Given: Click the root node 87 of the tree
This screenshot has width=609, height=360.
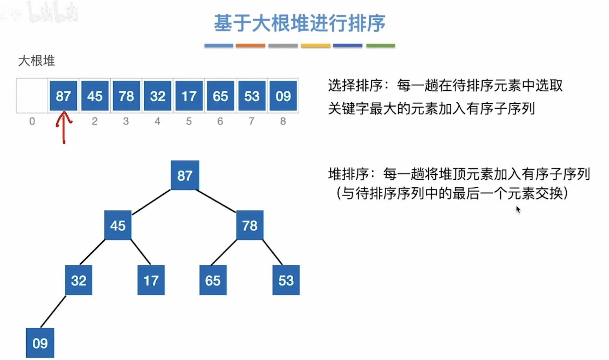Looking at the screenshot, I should (x=185, y=175).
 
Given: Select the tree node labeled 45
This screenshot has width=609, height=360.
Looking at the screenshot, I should (x=118, y=225).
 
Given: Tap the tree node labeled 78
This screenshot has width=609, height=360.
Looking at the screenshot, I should (x=249, y=225).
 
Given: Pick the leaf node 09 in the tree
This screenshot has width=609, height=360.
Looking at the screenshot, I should (x=40, y=343).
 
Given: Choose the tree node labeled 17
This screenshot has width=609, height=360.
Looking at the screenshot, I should (x=151, y=280).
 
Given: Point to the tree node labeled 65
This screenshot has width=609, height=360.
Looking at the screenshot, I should (x=213, y=280).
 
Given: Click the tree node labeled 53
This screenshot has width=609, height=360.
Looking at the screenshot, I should (x=286, y=280).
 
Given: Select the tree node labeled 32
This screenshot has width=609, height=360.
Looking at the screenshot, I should (x=78, y=280).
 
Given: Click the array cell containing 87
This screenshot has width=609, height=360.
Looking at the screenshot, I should (x=63, y=96).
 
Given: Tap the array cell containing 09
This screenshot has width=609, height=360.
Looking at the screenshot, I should (x=283, y=96).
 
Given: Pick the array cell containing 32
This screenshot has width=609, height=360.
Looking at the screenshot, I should (x=157, y=96).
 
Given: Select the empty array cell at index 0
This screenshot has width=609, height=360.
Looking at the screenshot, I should (x=32, y=96).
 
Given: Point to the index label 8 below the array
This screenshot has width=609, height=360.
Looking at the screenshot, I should (x=283, y=121).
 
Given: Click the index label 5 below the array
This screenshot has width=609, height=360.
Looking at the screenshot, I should (x=189, y=121).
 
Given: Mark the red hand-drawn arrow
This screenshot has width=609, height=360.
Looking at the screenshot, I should (x=64, y=127).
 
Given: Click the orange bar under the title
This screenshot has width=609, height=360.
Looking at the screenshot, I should (x=250, y=46).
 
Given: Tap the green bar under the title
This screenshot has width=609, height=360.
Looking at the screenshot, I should (x=381, y=46).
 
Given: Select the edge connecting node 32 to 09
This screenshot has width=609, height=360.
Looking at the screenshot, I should (x=53, y=311).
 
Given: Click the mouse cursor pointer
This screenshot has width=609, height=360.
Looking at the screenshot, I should (x=518, y=209).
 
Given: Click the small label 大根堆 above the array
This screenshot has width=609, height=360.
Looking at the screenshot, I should (x=36, y=61).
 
